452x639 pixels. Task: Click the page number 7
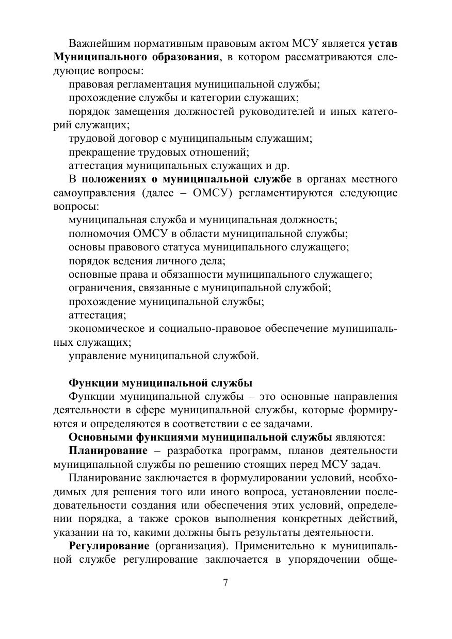[225, 583]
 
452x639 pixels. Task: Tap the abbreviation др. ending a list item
[283, 166]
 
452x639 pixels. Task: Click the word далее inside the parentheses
[161, 193]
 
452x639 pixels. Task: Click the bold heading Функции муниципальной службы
[160, 383]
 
